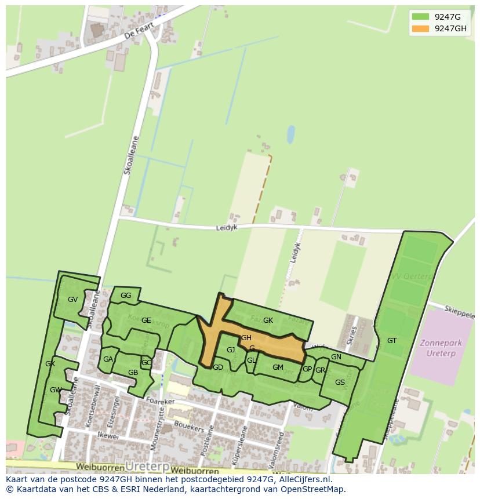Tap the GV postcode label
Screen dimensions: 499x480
72,300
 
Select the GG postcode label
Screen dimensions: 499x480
126,296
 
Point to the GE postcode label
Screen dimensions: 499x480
146,320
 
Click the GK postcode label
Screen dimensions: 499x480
268,320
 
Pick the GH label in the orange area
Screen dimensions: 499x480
246,338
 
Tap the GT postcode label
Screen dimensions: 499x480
392,341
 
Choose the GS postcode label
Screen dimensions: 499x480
340,383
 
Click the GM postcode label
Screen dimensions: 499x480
278,367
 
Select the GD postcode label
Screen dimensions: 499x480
218,367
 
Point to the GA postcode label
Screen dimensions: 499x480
108,359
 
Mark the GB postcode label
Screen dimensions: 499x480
133,373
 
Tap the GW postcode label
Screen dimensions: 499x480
56,390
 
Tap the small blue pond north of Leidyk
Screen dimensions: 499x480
290,135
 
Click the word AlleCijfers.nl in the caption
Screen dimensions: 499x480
303,479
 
